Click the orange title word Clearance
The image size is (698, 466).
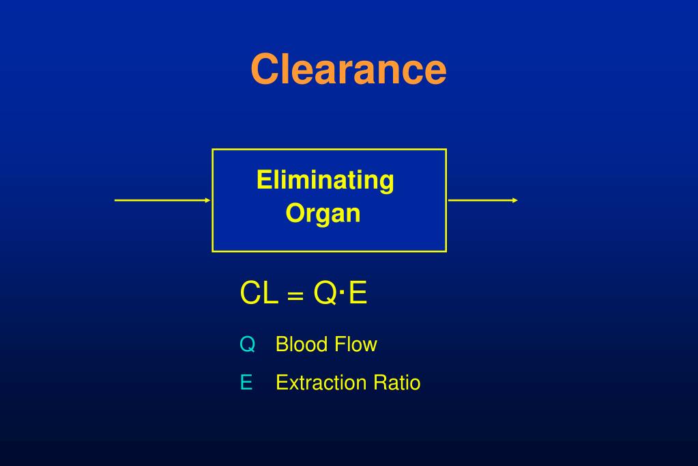(348, 69)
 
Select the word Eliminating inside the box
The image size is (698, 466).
(325, 180)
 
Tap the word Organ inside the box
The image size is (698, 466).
(323, 214)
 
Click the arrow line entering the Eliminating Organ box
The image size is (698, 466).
(160, 200)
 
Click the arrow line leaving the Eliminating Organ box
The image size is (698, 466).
(480, 200)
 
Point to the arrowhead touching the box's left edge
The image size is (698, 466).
(208, 200)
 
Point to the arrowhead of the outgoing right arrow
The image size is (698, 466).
(515, 200)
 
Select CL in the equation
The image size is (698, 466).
(259, 294)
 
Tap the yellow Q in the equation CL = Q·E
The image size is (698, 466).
(325, 294)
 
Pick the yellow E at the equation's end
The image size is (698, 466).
(358, 294)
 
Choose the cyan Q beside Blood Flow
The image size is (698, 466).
(247, 344)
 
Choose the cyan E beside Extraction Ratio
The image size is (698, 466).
(246, 383)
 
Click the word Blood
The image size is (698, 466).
(302, 344)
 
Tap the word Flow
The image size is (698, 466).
(355, 344)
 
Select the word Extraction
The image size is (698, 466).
(321, 383)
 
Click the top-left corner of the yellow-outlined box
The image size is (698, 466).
(213, 150)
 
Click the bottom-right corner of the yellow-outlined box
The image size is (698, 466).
(446, 251)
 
